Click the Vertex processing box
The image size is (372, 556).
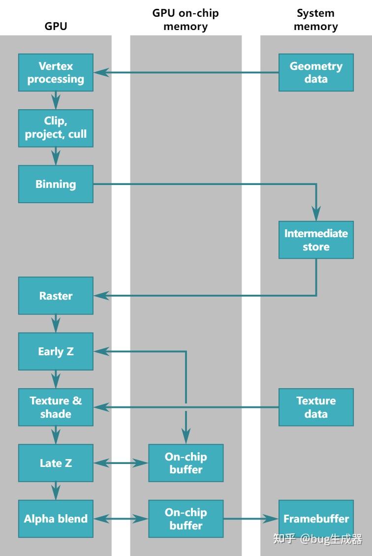pos(56,72)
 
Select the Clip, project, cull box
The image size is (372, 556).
pos(56,128)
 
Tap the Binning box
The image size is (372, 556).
pos(56,184)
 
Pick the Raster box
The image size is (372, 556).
pos(56,296)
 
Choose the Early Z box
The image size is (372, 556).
pos(56,351)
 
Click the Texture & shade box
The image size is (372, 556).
pos(56,407)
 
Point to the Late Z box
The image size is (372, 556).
pos(56,463)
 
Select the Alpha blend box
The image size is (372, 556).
pos(56,519)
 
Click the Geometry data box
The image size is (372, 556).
pos(316,72)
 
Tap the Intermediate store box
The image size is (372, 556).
pos(316,240)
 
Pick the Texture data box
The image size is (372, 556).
pos(316,407)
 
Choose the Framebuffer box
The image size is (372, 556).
pos(316,519)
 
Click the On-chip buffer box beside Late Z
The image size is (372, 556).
pos(186,463)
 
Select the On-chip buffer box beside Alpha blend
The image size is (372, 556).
pos(186,519)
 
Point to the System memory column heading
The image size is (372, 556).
pos(316,20)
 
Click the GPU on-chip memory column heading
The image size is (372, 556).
pos(186,20)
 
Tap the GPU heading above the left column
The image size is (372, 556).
pos(56,27)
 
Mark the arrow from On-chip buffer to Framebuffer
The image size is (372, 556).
pos(251,519)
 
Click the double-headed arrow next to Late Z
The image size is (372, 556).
pos(121,463)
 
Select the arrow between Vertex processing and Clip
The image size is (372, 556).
pos(56,100)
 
